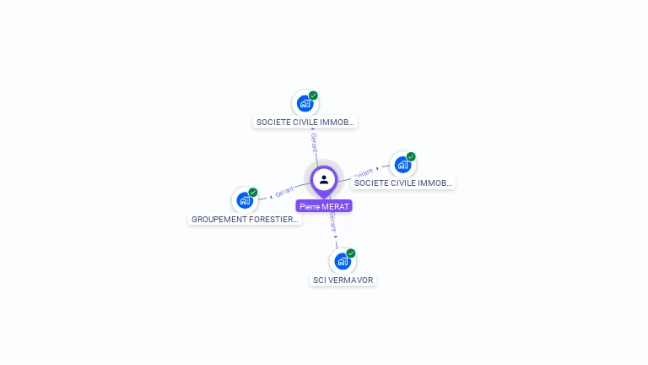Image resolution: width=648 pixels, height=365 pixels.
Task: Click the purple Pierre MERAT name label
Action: [x=324, y=206]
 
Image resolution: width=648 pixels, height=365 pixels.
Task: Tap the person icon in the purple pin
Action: [x=324, y=179]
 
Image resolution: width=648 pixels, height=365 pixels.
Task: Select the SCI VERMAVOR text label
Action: [x=343, y=281]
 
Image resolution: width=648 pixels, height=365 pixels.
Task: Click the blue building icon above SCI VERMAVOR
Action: [x=342, y=261]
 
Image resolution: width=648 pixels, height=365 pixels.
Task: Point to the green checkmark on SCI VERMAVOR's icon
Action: [x=351, y=253]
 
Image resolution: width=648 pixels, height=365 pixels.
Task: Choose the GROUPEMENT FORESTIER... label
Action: [x=245, y=220]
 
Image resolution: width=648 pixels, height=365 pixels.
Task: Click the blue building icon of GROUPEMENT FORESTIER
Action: [x=244, y=200]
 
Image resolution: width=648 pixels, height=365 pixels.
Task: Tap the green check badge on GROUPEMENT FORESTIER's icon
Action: [x=253, y=193]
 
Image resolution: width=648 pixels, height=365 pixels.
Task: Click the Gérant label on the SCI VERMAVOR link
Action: [x=333, y=223]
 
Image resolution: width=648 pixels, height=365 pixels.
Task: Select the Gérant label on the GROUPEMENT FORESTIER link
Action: [x=283, y=193]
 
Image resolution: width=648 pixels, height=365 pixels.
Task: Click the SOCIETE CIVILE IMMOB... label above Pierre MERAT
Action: [x=305, y=123]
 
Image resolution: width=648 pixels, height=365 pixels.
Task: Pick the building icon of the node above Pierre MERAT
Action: [x=305, y=104]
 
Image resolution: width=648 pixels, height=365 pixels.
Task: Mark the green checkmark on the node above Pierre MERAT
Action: [x=313, y=95]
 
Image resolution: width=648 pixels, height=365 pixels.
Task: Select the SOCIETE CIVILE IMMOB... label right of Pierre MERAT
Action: [x=403, y=182]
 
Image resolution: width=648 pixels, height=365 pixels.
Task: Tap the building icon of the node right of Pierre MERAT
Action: [x=402, y=165]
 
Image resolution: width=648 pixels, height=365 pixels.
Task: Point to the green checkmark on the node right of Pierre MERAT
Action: [x=411, y=156]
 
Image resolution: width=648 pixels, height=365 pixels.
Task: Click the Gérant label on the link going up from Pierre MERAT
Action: [x=314, y=141]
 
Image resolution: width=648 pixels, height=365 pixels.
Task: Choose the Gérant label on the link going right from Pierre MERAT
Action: [x=363, y=172]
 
